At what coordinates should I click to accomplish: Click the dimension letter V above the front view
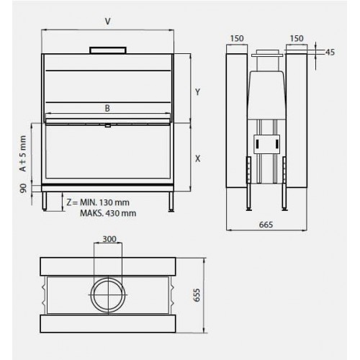tap(107, 22)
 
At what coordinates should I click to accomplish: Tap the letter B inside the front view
tap(107, 108)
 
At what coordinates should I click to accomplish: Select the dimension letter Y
tap(197, 91)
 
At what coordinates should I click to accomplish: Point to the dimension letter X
tap(197, 158)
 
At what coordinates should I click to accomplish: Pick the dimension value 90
tap(24, 189)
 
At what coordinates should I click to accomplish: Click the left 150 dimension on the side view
tap(237, 37)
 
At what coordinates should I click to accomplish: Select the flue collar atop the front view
tap(107, 50)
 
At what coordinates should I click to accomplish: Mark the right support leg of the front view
tap(170, 202)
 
